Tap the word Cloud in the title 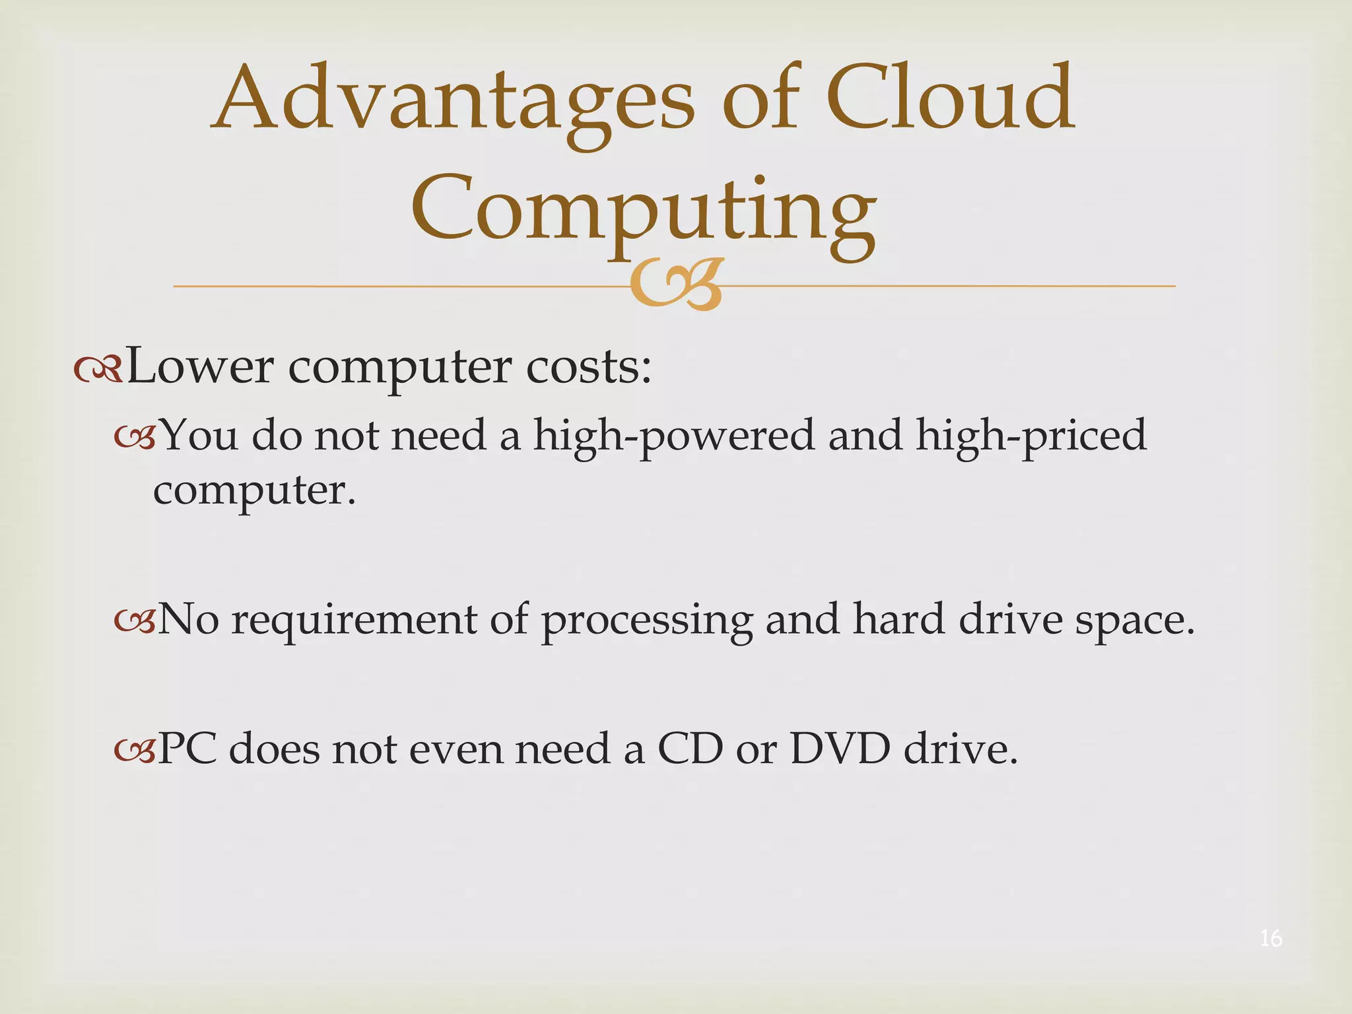(x=951, y=99)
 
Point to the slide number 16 (x=1271, y=938)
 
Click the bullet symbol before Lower (x=98, y=370)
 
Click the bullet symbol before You (x=135, y=437)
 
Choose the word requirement (x=354, y=621)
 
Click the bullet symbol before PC (x=135, y=750)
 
